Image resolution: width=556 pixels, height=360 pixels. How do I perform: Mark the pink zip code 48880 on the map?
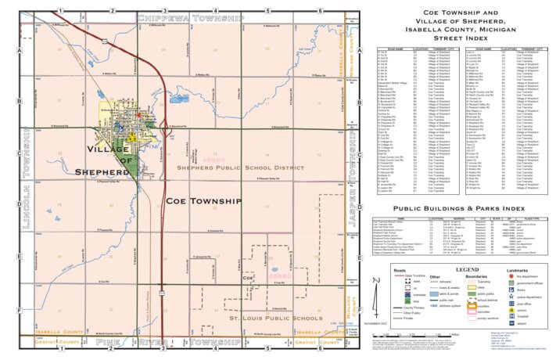tap(278, 277)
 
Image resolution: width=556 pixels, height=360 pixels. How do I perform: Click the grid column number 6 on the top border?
tap(320, 11)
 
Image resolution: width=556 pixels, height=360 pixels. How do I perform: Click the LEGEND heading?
tap(467, 269)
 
